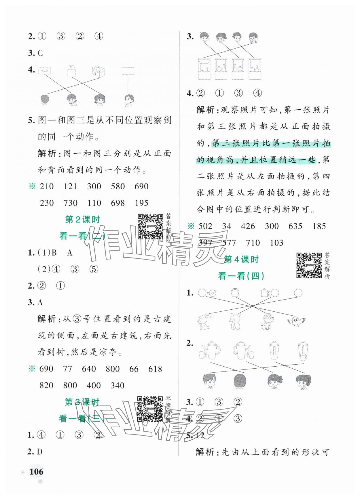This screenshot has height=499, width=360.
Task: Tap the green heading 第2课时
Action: (82, 220)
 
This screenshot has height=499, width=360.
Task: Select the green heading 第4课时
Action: (241, 260)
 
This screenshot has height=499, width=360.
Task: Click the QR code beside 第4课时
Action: (309, 265)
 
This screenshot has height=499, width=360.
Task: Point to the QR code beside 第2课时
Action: (150, 226)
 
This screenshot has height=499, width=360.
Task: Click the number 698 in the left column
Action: (118, 203)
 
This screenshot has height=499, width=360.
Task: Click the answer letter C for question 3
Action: (40, 53)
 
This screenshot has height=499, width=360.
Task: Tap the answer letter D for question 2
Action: (40, 452)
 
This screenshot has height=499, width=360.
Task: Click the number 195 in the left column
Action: (141, 203)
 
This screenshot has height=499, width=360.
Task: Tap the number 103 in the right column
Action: (276, 243)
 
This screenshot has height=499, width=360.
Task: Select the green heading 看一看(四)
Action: (241, 276)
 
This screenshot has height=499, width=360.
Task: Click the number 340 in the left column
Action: (118, 386)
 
